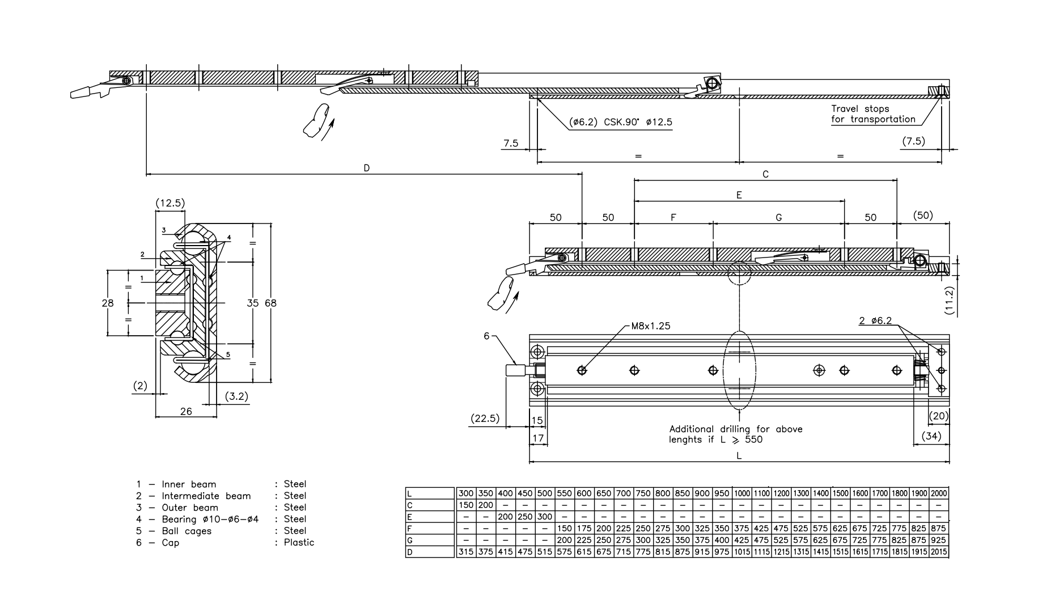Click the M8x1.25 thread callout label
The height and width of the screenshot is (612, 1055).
point(650,326)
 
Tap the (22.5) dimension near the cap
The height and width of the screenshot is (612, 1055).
point(485,419)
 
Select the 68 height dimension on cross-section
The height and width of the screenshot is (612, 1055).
point(271,303)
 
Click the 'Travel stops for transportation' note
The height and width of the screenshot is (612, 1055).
point(872,114)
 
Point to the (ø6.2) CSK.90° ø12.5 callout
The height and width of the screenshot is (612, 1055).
point(621,122)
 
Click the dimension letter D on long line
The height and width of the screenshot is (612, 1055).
point(367,168)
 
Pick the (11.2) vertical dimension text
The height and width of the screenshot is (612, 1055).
point(950,301)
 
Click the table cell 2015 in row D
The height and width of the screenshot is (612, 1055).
point(939,552)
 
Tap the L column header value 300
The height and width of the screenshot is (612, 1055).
point(466,493)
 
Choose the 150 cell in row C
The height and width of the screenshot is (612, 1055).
point(466,505)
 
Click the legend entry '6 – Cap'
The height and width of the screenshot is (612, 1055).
point(158,543)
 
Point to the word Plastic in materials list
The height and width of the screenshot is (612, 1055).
point(299,543)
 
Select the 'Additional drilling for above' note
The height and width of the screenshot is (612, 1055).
point(735,429)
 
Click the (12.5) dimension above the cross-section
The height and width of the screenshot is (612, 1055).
point(170,203)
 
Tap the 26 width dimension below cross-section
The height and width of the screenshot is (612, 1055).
point(186,411)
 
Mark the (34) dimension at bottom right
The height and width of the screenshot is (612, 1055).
point(931,436)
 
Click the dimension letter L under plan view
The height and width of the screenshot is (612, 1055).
point(739,455)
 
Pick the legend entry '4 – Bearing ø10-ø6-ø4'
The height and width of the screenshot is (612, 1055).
point(197,520)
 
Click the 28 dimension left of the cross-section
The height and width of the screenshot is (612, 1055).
point(108,303)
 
